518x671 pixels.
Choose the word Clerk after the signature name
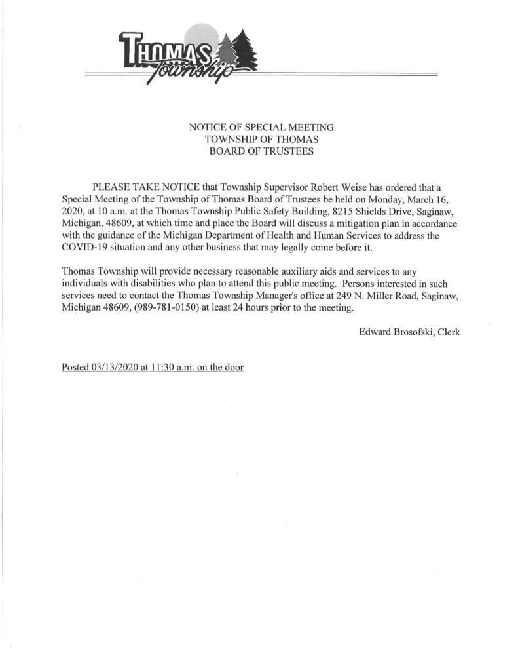click(x=449, y=332)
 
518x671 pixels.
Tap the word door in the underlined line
click(x=233, y=368)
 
